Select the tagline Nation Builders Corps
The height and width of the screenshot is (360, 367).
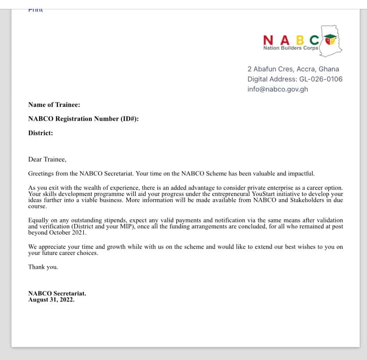290,48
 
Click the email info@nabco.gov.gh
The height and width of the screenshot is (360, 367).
277,89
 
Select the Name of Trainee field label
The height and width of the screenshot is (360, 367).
54,105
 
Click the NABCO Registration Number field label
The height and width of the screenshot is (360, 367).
83,119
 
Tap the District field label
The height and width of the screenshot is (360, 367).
40,133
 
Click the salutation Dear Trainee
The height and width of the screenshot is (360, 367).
47,159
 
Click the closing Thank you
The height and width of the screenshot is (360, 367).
43,267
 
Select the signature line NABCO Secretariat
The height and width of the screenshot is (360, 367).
57,293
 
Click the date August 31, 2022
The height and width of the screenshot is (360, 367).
51,300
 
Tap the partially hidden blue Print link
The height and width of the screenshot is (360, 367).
35,10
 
